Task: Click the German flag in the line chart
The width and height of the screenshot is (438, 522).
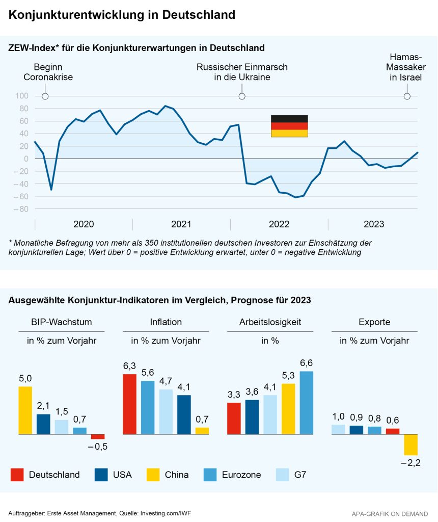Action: (x=289, y=126)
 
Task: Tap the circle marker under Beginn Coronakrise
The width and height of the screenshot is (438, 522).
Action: (x=45, y=96)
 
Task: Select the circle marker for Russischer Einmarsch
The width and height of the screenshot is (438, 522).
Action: (x=242, y=96)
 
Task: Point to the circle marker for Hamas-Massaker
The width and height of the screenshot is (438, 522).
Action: (x=407, y=96)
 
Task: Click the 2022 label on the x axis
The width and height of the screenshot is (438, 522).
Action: (x=279, y=224)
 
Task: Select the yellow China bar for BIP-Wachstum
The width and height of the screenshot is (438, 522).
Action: (x=25, y=410)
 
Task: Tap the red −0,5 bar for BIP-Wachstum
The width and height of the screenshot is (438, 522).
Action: (x=98, y=436)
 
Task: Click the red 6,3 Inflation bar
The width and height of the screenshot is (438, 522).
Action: (x=130, y=404)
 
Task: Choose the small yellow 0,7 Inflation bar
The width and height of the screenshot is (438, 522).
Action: (x=202, y=431)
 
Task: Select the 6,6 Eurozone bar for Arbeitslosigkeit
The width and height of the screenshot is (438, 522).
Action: (x=307, y=403)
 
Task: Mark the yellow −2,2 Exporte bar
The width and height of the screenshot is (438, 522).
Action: (x=410, y=445)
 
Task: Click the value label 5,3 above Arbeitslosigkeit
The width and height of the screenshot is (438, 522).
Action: (x=288, y=376)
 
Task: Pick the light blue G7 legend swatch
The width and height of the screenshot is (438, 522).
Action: (x=282, y=475)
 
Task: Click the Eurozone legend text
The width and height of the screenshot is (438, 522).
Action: (x=241, y=475)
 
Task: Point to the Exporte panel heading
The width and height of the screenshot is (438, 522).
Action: (x=374, y=322)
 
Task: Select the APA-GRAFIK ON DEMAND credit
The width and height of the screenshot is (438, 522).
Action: (x=390, y=513)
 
